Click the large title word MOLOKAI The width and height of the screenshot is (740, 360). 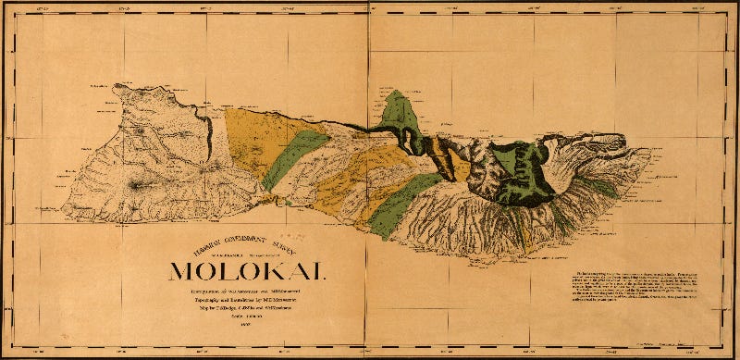click(x=246, y=270)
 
